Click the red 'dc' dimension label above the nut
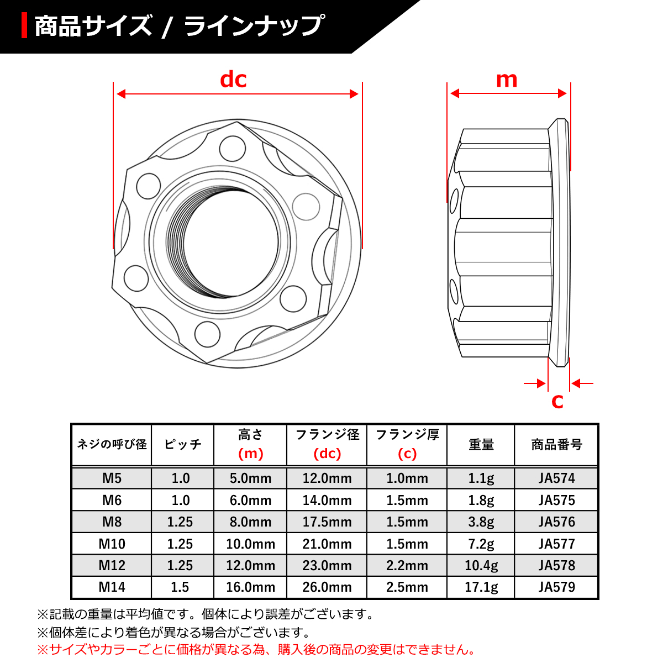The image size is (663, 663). click(x=233, y=80)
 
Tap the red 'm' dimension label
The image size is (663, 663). click(x=507, y=80)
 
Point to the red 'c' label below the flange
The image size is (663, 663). click(x=557, y=401)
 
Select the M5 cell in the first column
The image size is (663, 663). click(x=112, y=478)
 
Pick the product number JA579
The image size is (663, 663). click(x=556, y=587)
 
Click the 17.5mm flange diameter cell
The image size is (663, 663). click(x=327, y=522)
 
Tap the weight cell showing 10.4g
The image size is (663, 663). click(x=481, y=565)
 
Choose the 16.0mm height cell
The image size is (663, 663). click(x=250, y=587)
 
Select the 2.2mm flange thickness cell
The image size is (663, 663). click(x=407, y=565)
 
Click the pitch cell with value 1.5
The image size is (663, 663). click(x=180, y=587)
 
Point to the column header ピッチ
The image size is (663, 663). click(x=182, y=445)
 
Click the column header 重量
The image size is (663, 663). click(x=481, y=445)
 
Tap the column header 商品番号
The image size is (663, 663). click(x=556, y=445)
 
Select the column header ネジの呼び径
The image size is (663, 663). click(x=112, y=445)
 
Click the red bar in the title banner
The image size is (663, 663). click(x=24, y=26)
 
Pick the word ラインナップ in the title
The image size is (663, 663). click(x=254, y=26)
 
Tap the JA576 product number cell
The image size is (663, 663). click(x=556, y=522)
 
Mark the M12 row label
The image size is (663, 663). click(x=112, y=565)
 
